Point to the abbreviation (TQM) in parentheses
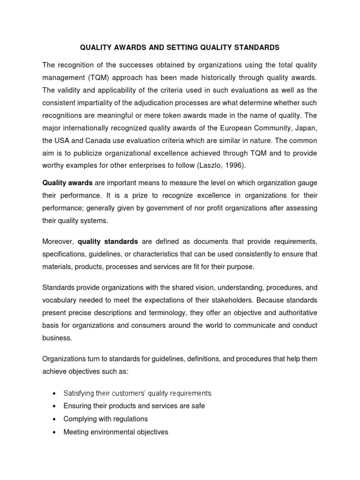point(97,77)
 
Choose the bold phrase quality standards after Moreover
point(108,241)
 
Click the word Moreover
point(58,241)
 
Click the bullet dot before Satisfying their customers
point(55,393)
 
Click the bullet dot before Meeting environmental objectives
point(55,432)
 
